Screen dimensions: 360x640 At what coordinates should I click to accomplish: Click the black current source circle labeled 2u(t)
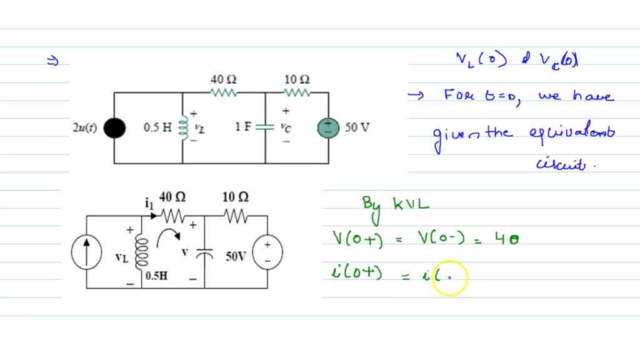point(114,128)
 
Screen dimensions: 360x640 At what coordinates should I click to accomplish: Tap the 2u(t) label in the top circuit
point(84,128)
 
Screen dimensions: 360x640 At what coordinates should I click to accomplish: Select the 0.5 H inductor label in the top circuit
point(157,127)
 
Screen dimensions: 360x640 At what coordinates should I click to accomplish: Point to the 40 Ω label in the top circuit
point(223,80)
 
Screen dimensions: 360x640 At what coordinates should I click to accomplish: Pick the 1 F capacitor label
point(244,127)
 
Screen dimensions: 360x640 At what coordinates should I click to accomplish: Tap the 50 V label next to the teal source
point(357,127)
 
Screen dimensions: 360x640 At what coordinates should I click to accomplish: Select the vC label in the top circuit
point(286,127)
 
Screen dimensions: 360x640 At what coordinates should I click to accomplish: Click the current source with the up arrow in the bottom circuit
point(86,252)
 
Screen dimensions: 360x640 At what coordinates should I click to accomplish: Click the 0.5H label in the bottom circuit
point(156,276)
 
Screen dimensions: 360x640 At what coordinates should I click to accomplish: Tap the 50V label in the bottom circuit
point(236,256)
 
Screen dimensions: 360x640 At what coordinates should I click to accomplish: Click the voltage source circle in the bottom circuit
point(267,252)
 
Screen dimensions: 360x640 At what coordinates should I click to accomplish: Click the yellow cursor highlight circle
point(449,278)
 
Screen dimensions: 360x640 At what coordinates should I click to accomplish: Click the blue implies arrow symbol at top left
point(52,61)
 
